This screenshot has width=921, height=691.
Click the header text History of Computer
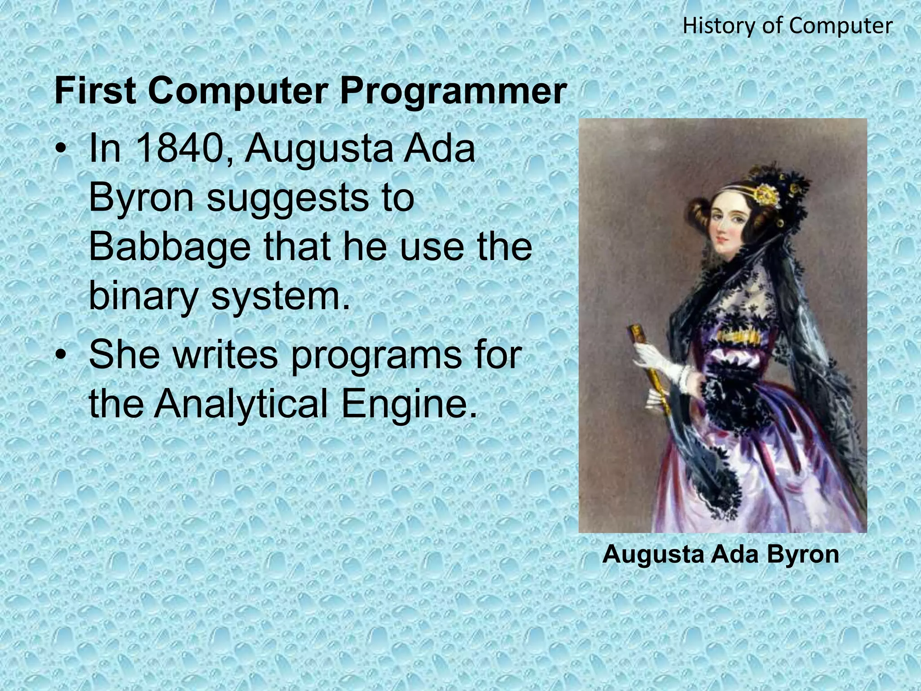tap(787, 26)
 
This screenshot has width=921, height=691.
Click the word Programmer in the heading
tap(452, 92)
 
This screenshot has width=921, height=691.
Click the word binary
tap(143, 297)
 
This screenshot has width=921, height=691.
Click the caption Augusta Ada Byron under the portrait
tap(720, 554)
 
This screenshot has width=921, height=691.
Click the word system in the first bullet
tap(279, 297)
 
